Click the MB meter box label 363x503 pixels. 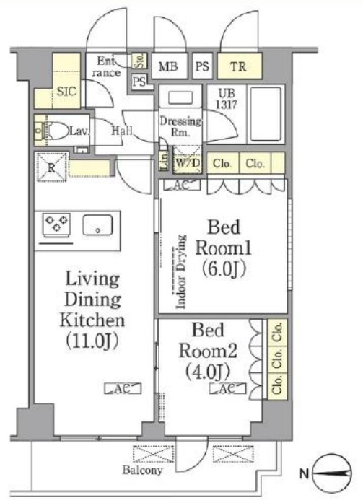(x=168, y=66)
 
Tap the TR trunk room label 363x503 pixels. (x=239, y=66)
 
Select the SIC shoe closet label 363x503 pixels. (x=66, y=92)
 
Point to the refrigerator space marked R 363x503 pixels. (x=51, y=167)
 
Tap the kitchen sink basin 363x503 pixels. (x=98, y=225)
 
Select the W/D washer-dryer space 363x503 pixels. (x=188, y=159)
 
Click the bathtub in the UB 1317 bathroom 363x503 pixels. (x=266, y=114)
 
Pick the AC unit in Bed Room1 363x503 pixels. (x=182, y=185)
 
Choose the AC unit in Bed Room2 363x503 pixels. (x=227, y=388)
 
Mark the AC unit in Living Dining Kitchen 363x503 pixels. (x=123, y=388)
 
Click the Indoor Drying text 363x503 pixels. (x=181, y=272)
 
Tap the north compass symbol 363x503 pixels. (x=332, y=473)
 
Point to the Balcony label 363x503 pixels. (x=142, y=471)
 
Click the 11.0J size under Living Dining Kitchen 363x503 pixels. (x=92, y=341)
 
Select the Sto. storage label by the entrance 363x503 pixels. (x=140, y=61)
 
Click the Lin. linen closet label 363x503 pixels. (x=164, y=159)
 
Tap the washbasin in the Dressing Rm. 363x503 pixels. (x=180, y=97)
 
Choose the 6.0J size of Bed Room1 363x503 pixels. (x=224, y=268)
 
